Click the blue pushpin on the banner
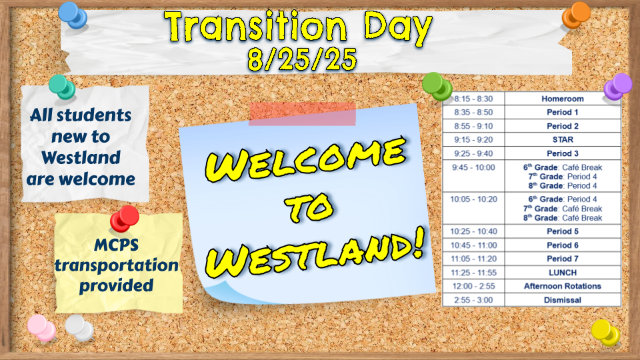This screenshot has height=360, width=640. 73,15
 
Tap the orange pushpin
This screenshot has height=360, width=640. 575,15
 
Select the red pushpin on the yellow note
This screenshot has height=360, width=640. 124,219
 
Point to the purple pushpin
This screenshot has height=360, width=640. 617,87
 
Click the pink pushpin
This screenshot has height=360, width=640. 41,328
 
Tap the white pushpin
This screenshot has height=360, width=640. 79,328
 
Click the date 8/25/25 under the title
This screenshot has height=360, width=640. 302,59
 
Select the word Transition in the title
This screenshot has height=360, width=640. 256,27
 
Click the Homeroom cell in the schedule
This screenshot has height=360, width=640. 563,99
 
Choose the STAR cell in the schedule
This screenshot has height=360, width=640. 563,139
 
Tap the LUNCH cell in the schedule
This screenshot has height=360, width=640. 563,273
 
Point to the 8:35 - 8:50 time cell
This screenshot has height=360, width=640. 473,112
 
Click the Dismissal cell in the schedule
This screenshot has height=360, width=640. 563,300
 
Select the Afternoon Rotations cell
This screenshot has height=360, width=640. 563,286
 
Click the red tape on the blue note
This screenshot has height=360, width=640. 302,114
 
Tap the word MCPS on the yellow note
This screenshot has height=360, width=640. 116,245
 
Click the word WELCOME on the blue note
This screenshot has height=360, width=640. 306,159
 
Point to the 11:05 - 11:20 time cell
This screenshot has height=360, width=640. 473,259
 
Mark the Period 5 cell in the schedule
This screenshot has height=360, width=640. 563,231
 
